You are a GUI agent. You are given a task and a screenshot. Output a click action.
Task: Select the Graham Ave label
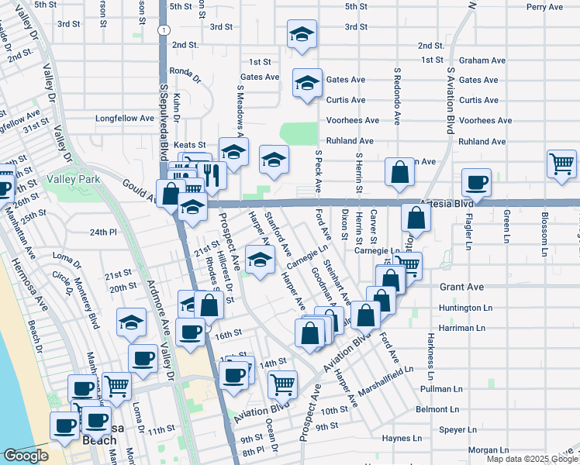[478, 60]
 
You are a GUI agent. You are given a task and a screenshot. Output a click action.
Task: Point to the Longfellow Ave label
[125, 119]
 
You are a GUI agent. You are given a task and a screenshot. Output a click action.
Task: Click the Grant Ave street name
[461, 287]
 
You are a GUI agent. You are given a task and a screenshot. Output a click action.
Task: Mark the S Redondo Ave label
[396, 95]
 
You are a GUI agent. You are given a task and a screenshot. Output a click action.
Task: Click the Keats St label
[189, 145]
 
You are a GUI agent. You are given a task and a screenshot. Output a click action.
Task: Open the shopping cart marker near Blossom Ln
[561, 164]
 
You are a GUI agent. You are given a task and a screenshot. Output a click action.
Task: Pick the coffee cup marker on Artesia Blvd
[477, 182]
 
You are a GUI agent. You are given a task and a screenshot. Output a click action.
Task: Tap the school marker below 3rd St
[302, 34]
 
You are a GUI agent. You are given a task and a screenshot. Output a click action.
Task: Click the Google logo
[26, 456]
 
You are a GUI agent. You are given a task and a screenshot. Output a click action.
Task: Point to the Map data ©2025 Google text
[531, 459]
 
